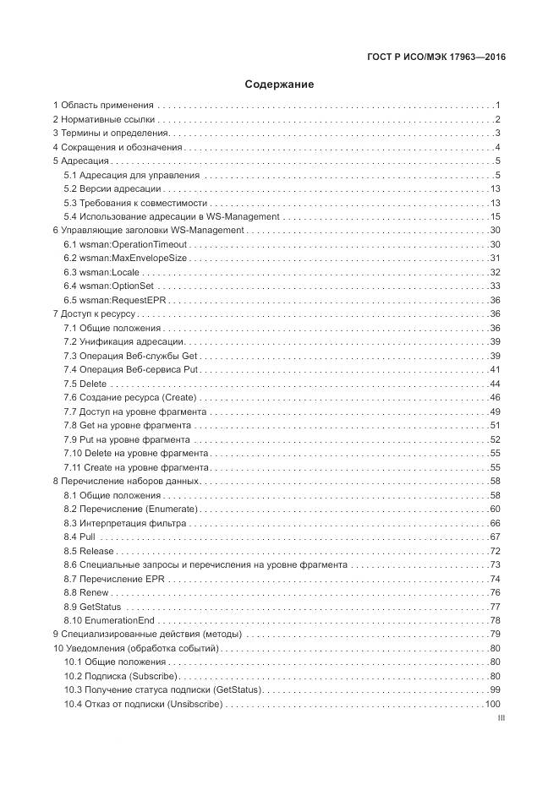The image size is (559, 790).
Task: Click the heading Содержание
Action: pos(279,84)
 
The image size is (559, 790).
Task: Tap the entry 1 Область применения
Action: pos(103,105)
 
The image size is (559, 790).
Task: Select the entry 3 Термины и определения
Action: pos(110,133)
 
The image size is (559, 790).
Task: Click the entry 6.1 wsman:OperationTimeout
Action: pos(125,244)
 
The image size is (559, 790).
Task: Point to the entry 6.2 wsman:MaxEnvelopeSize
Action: pos(126,258)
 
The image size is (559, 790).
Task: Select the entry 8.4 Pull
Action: pos(80,537)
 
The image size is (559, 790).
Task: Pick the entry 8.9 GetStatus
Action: pos(93,607)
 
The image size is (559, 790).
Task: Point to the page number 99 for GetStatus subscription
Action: pos(496,690)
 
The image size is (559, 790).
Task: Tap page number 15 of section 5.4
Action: pos(496,216)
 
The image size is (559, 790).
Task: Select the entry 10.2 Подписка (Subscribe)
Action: pos(119,677)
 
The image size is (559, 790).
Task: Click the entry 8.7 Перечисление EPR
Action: pos(115,579)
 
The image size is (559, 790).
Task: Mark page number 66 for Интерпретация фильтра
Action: pos(496,523)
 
